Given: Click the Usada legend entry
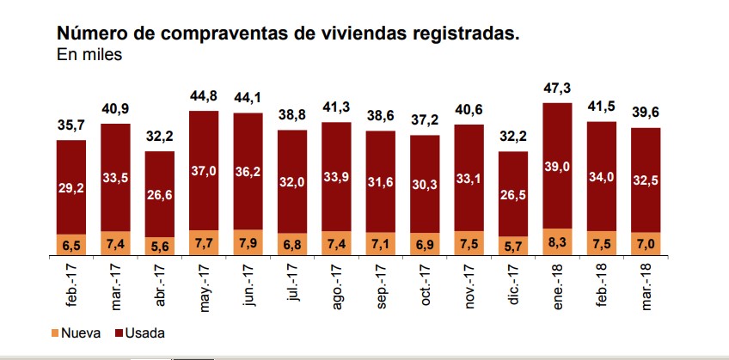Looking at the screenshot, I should pyautogui.click(x=142, y=332).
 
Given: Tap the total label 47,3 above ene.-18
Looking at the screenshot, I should pyautogui.click(x=558, y=88).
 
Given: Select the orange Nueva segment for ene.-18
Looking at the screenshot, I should pyautogui.click(x=558, y=243).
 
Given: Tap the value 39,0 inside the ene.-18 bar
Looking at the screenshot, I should pyautogui.click(x=558, y=168).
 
